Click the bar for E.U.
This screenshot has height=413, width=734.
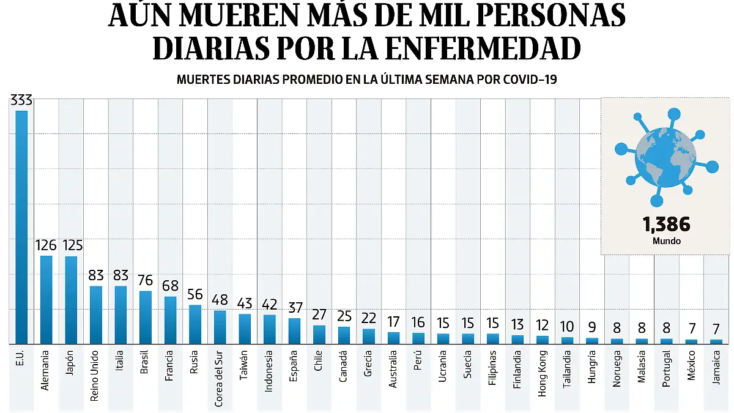(x=21, y=226)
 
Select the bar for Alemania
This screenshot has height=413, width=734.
(x=46, y=299)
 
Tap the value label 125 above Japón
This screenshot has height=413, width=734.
(x=71, y=246)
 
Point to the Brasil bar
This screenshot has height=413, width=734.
(x=146, y=317)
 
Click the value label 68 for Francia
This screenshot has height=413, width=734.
(x=170, y=286)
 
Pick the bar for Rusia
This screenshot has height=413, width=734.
(x=195, y=324)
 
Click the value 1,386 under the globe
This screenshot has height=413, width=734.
(x=666, y=225)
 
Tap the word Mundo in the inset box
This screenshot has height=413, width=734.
(x=666, y=241)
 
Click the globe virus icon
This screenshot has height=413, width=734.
(x=665, y=156)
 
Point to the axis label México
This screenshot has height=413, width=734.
(x=691, y=365)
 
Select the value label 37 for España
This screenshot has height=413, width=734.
(x=294, y=307)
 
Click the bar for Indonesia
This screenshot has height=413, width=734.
(x=270, y=329)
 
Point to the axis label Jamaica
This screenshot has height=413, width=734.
(x=716, y=366)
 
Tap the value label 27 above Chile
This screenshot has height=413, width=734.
(x=319, y=314)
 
